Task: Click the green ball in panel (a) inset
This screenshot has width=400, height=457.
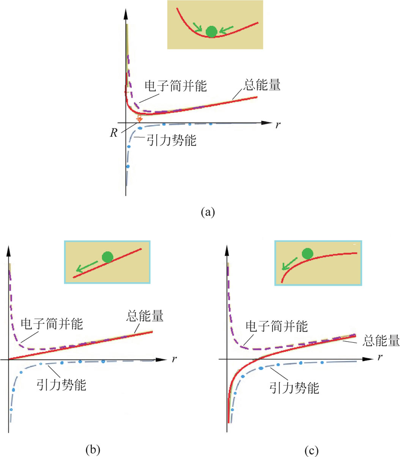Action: point(211,32)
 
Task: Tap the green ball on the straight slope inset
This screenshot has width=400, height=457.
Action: point(107,257)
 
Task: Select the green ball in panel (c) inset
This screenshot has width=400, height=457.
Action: point(307,254)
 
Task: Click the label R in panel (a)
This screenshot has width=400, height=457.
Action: point(114,133)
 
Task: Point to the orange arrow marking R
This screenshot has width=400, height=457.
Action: point(139,118)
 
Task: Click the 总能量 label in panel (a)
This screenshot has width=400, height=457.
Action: point(261,85)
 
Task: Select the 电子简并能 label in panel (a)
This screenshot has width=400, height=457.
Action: point(176,86)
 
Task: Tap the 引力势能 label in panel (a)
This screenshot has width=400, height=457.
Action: point(172,140)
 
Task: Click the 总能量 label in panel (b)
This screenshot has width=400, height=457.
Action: point(145,316)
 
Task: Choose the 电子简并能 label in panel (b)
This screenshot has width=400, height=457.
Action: point(52,324)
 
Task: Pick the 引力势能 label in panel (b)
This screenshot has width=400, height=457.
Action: point(61,385)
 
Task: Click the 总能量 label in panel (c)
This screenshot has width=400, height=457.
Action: point(381,340)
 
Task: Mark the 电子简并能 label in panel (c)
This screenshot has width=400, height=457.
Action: point(277,326)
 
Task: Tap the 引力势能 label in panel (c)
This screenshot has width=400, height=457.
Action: point(294,388)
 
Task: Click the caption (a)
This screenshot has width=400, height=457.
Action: point(208,212)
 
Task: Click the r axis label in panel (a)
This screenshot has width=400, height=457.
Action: point(278,125)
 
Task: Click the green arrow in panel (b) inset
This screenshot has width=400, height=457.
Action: point(87,266)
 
